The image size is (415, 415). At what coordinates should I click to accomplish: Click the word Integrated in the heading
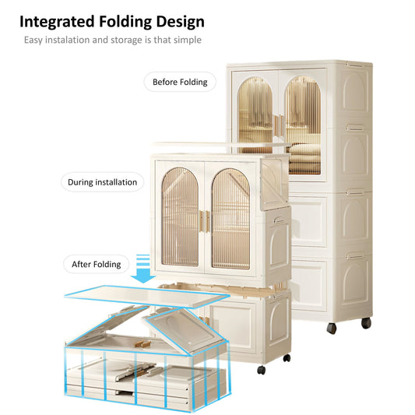pyautogui.click(x=57, y=22)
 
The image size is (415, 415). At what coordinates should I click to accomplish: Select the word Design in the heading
pyautogui.click(x=181, y=22)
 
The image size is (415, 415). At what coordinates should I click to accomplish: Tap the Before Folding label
pyautogui.click(x=180, y=82)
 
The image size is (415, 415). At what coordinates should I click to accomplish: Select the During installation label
pyautogui.click(x=103, y=182)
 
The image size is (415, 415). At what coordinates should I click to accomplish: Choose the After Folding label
pyautogui.click(x=97, y=264)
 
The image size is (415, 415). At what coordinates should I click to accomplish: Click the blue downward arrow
pyautogui.click(x=143, y=269)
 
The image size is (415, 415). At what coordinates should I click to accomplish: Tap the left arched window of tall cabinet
pyautogui.click(x=255, y=115)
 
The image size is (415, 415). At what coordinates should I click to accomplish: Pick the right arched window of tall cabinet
pyautogui.click(x=304, y=125)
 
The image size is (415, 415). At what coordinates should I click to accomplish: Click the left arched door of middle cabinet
pyautogui.click(x=180, y=217)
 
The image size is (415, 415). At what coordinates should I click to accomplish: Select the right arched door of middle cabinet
pyautogui.click(x=230, y=219)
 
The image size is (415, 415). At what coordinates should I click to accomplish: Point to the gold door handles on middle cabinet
pyautogui.click(x=205, y=222)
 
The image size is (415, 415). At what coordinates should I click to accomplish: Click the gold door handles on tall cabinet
pyautogui.click(x=280, y=125)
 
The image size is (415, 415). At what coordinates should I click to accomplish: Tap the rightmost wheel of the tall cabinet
pyautogui.click(x=366, y=323)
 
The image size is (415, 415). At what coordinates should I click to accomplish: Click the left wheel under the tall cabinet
pyautogui.click(x=332, y=329)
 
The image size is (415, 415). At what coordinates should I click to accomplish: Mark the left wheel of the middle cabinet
pyautogui.click(x=262, y=370)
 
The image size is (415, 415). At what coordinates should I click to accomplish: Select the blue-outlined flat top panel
pyautogui.click(x=147, y=296)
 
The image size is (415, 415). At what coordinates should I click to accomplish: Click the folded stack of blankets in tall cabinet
pyautogui.click(x=304, y=158)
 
